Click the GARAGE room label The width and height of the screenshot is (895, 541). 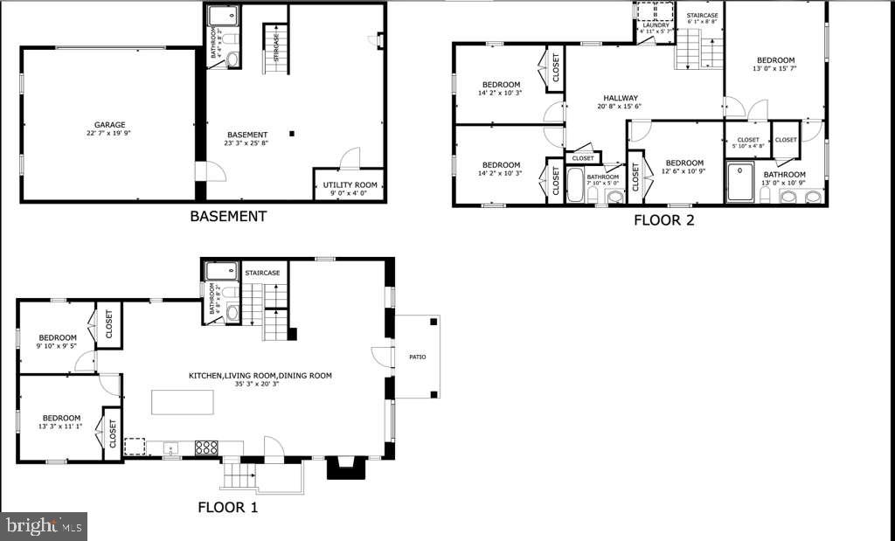click(x=110, y=125)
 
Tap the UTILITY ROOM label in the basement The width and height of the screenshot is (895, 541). click(x=350, y=184)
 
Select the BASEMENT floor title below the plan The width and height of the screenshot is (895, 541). click(x=228, y=216)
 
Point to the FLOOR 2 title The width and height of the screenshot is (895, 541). click(x=663, y=220)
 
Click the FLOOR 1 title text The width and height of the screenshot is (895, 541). click(x=227, y=507)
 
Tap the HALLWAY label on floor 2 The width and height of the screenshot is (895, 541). click(x=621, y=98)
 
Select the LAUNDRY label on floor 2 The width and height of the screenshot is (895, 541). click(x=656, y=25)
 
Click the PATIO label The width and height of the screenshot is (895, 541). click(x=416, y=357)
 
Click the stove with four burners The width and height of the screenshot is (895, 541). click(x=206, y=447)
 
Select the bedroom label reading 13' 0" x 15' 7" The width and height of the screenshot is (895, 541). click(x=775, y=60)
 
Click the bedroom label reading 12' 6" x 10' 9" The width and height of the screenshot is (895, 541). click(x=684, y=163)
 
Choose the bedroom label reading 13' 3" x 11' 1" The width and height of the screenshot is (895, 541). click(x=62, y=418)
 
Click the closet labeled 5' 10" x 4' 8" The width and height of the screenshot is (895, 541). click(x=748, y=140)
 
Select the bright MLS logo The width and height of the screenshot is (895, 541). click(x=44, y=526)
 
